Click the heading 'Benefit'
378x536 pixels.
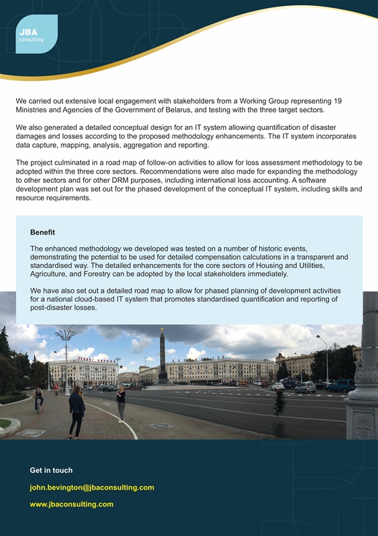tap(42, 232)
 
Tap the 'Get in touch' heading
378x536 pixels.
tap(51, 470)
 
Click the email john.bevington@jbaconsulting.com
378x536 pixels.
tap(92, 487)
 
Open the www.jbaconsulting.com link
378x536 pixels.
tap(71, 504)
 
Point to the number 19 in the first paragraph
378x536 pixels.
tap(337, 101)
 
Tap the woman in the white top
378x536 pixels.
tap(121, 403)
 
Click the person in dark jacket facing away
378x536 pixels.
tap(76, 411)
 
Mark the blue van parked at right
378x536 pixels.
tap(341, 385)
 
